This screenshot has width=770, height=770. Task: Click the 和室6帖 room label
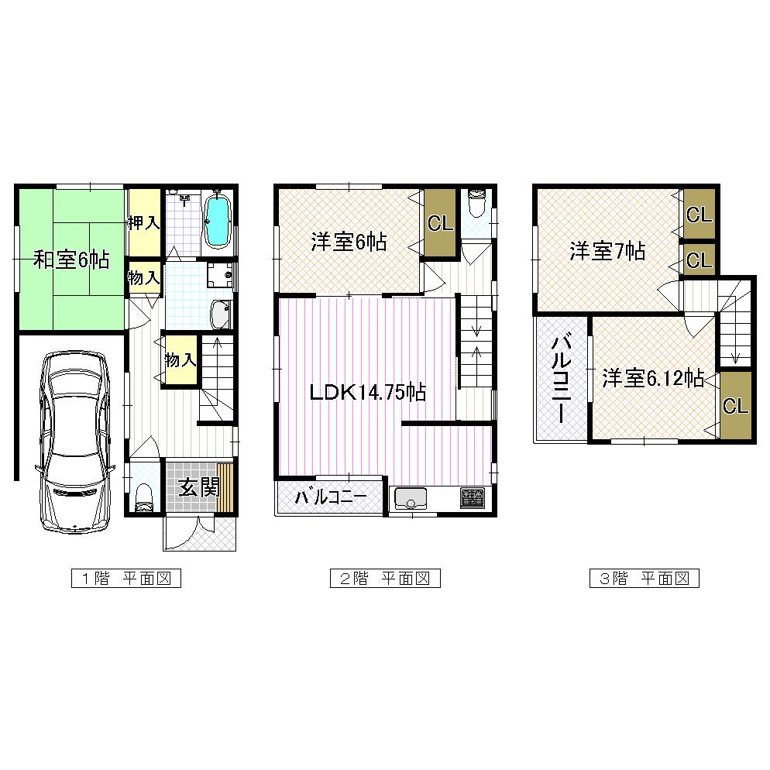click(x=70, y=260)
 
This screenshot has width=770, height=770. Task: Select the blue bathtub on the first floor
click(x=218, y=219)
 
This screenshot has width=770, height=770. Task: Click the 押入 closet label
click(x=144, y=223)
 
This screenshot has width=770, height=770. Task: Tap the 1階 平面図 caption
click(x=125, y=578)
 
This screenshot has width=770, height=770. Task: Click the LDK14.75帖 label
click(x=367, y=392)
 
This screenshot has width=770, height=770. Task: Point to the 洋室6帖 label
click(x=349, y=242)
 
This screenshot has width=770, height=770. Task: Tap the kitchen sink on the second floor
click(x=412, y=498)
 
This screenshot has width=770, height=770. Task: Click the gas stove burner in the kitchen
click(x=472, y=498)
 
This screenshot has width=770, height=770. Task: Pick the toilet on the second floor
click(x=476, y=204)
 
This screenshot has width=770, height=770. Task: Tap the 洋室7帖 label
click(x=608, y=251)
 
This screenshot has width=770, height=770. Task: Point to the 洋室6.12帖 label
click(x=652, y=379)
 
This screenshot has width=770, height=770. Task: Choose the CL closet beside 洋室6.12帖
click(x=736, y=406)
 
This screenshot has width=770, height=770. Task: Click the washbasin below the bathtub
click(x=220, y=314)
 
